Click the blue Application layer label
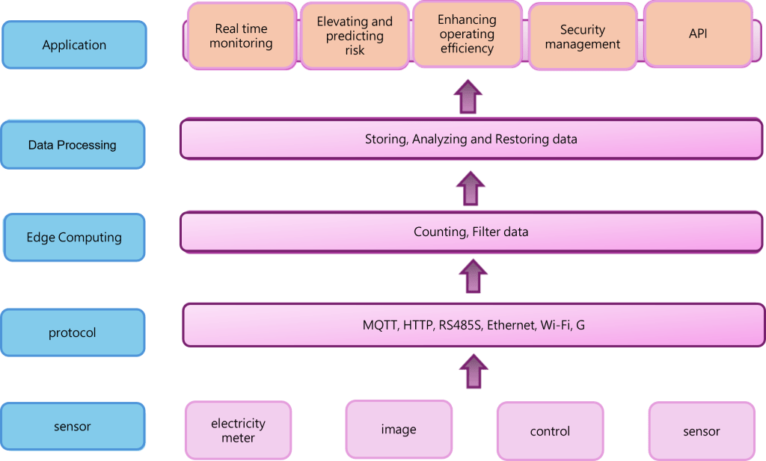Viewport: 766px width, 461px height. (74, 45)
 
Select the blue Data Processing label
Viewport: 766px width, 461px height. (73, 145)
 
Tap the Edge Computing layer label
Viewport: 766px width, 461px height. (74, 238)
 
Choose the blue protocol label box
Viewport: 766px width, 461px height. (73, 332)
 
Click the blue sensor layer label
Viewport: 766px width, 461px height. (73, 427)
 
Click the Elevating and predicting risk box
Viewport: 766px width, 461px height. (355, 36)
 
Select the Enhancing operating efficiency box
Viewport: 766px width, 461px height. (467, 34)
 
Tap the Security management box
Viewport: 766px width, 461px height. (583, 37)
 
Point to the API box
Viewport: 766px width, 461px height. (698, 34)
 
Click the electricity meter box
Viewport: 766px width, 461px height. (238, 430)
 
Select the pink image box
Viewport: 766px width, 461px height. (399, 429)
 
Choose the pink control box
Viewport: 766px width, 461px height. (550, 431)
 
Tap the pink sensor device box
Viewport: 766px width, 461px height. (701, 431)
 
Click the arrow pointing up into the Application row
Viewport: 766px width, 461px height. (468, 96)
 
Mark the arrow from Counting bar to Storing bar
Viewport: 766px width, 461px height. (471, 188)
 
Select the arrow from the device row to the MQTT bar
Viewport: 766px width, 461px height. (473, 371)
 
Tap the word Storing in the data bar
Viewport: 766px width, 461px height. (386, 139)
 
